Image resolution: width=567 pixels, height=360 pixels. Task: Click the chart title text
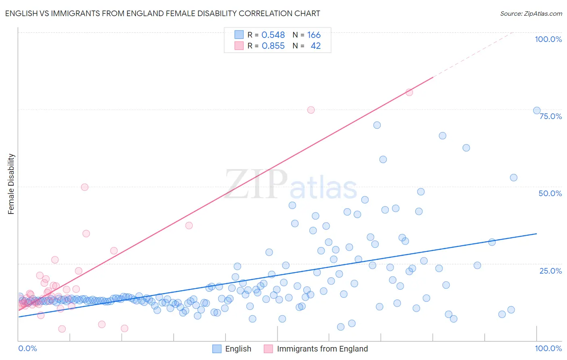tap(163, 14)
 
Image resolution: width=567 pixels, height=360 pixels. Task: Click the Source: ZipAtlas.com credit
tap(531, 14)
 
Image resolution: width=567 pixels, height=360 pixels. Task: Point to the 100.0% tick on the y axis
tap(548, 39)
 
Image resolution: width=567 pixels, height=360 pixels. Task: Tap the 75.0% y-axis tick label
tap(550, 116)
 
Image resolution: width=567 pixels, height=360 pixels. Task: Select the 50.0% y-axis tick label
tap(550, 193)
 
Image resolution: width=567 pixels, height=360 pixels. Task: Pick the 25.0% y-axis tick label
tap(550, 270)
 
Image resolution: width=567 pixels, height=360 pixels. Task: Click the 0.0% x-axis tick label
tap(27, 348)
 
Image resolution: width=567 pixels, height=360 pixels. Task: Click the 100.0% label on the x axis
tap(548, 348)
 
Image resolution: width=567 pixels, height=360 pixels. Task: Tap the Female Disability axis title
tap(11, 184)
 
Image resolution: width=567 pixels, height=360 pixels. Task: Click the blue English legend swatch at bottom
tap(217, 349)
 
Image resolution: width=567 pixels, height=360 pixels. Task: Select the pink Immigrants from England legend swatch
tap(268, 349)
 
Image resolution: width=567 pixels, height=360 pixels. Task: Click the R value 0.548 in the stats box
tap(273, 35)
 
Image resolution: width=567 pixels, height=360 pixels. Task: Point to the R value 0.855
tap(273, 46)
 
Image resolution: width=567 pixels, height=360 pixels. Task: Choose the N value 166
tap(314, 35)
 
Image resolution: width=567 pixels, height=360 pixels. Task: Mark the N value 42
tap(315, 46)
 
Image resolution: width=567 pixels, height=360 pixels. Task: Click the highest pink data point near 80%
tap(409, 92)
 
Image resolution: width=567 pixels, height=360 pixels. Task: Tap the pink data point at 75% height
tap(311, 110)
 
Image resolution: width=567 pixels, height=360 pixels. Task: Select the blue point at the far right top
tap(537, 111)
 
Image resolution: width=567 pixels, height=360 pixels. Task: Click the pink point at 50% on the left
tap(85, 187)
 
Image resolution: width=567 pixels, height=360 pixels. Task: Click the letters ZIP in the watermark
tap(256, 184)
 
